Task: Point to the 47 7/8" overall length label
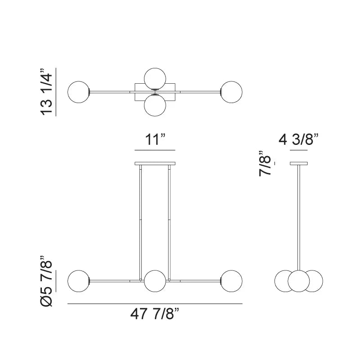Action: tap(155, 314)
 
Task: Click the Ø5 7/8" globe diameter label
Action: tap(47, 281)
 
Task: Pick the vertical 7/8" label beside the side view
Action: tap(266, 163)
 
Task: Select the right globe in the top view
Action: tap(231, 92)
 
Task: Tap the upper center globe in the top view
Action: tap(155, 78)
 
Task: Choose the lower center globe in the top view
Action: tap(155, 106)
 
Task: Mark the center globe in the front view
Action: tap(155, 281)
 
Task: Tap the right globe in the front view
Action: tap(231, 281)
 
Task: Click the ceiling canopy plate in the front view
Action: tap(155, 163)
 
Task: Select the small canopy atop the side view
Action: tap(298, 163)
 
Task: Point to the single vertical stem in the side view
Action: tap(298, 216)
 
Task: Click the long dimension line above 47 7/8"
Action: tap(155, 304)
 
